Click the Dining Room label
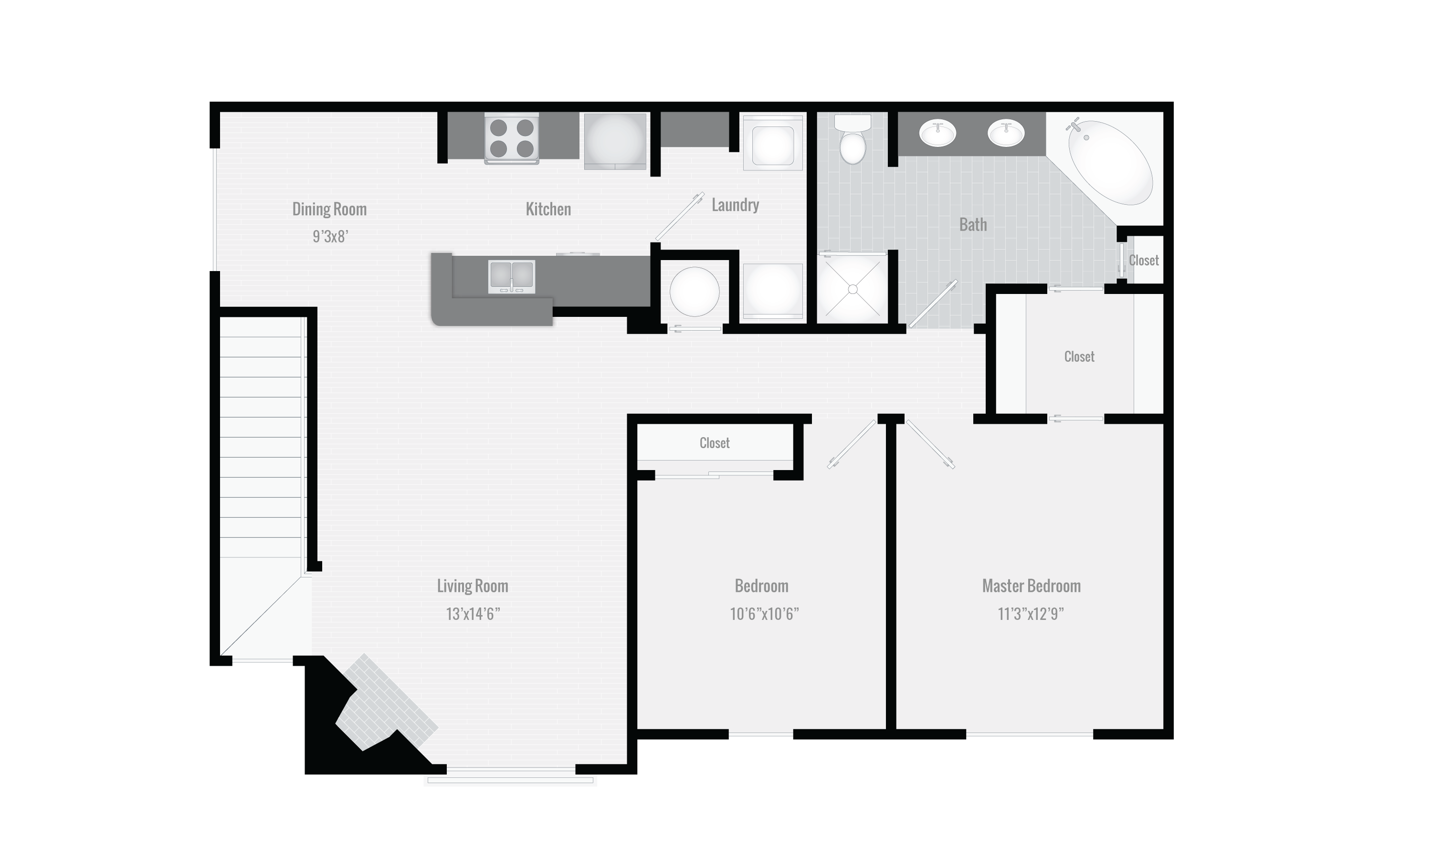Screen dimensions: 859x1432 [x=329, y=209]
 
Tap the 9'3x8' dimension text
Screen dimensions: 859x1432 [x=330, y=236]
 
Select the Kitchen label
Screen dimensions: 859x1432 [x=548, y=209]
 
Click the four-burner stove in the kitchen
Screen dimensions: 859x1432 [x=512, y=138]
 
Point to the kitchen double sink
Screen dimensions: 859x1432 [x=512, y=276]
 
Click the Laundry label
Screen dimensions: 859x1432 [x=735, y=205]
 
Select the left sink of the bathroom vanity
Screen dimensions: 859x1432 [x=937, y=134]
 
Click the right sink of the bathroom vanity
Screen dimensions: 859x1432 [x=1006, y=134]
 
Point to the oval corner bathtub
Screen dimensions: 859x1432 [x=1110, y=163]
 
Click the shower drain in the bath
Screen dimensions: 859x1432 [x=853, y=289]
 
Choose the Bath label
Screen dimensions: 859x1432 [x=973, y=225]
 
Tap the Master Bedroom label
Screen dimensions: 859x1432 [x=1032, y=586]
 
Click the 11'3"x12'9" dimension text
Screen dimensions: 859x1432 [x=1031, y=614]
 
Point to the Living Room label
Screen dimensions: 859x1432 [x=472, y=586]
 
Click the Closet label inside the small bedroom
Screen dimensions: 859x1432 [x=714, y=443]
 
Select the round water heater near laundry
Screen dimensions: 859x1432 [x=695, y=292]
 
